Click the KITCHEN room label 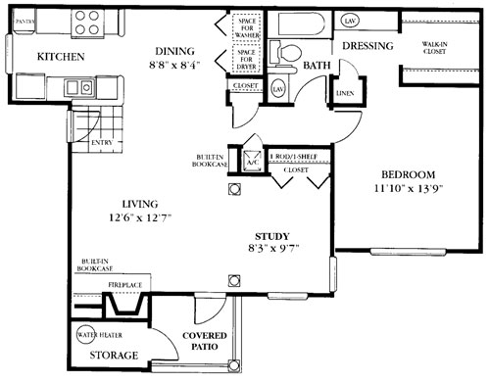pyautogui.click(x=59, y=57)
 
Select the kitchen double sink pyautogui.click(x=79, y=88)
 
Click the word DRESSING pyautogui.click(x=367, y=46)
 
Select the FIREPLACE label pyautogui.click(x=124, y=285)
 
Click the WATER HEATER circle pyautogui.click(x=95, y=330)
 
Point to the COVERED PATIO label pyautogui.click(x=205, y=342)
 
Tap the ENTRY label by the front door pyautogui.click(x=100, y=143)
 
